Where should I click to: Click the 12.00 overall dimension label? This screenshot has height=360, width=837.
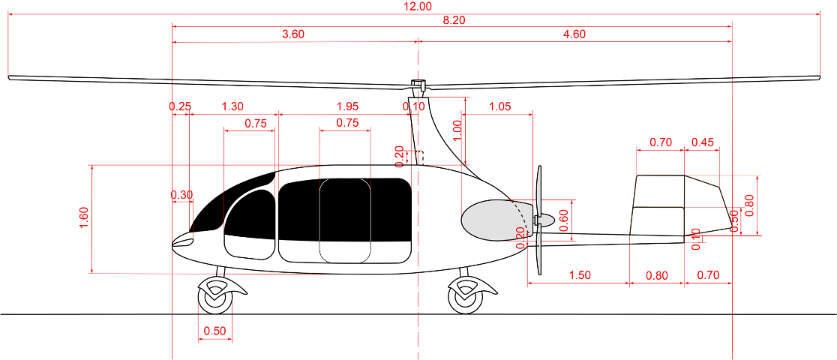click(x=418, y=7)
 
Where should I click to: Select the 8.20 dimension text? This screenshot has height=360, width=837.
click(x=454, y=20)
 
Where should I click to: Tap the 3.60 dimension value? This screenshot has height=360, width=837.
click(x=293, y=34)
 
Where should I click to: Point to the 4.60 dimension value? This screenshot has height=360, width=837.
click(x=574, y=34)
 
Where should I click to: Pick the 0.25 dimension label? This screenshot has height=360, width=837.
click(x=180, y=106)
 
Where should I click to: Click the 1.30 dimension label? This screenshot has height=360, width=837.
click(x=232, y=106)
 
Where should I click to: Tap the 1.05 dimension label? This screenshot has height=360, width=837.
click(x=499, y=106)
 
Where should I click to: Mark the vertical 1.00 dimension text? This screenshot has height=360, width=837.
click(x=458, y=130)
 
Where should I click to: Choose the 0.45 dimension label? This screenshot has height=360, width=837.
click(x=703, y=142)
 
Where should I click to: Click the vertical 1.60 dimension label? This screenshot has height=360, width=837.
click(x=84, y=217)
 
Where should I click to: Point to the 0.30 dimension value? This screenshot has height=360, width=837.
click(x=182, y=195)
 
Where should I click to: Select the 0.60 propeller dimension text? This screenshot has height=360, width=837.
click(x=564, y=219)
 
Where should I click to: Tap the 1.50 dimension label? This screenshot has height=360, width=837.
click(x=579, y=275)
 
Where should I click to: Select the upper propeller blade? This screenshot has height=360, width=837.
click(x=538, y=191)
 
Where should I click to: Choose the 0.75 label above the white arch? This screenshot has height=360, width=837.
click(x=347, y=123)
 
